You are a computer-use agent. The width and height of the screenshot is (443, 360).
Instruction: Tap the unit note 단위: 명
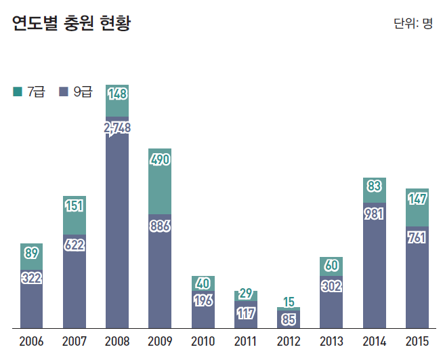(413, 24)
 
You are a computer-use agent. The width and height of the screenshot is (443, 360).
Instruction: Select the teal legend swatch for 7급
(18, 91)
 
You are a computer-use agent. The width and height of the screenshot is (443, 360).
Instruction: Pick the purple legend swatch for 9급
(64, 91)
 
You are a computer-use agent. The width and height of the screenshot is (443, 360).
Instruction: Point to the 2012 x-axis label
(289, 341)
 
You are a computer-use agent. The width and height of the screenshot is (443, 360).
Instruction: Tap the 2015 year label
(417, 341)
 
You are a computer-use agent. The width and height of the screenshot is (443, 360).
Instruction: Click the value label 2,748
(117, 127)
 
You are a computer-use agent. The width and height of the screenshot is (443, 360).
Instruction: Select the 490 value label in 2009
(160, 160)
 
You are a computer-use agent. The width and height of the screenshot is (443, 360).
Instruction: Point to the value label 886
(160, 226)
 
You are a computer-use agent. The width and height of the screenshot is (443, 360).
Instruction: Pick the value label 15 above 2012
(289, 302)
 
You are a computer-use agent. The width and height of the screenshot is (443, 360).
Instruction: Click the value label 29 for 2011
(246, 294)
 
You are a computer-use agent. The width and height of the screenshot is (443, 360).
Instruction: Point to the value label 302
(331, 286)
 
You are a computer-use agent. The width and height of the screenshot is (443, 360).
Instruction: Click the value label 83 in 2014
(374, 185)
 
